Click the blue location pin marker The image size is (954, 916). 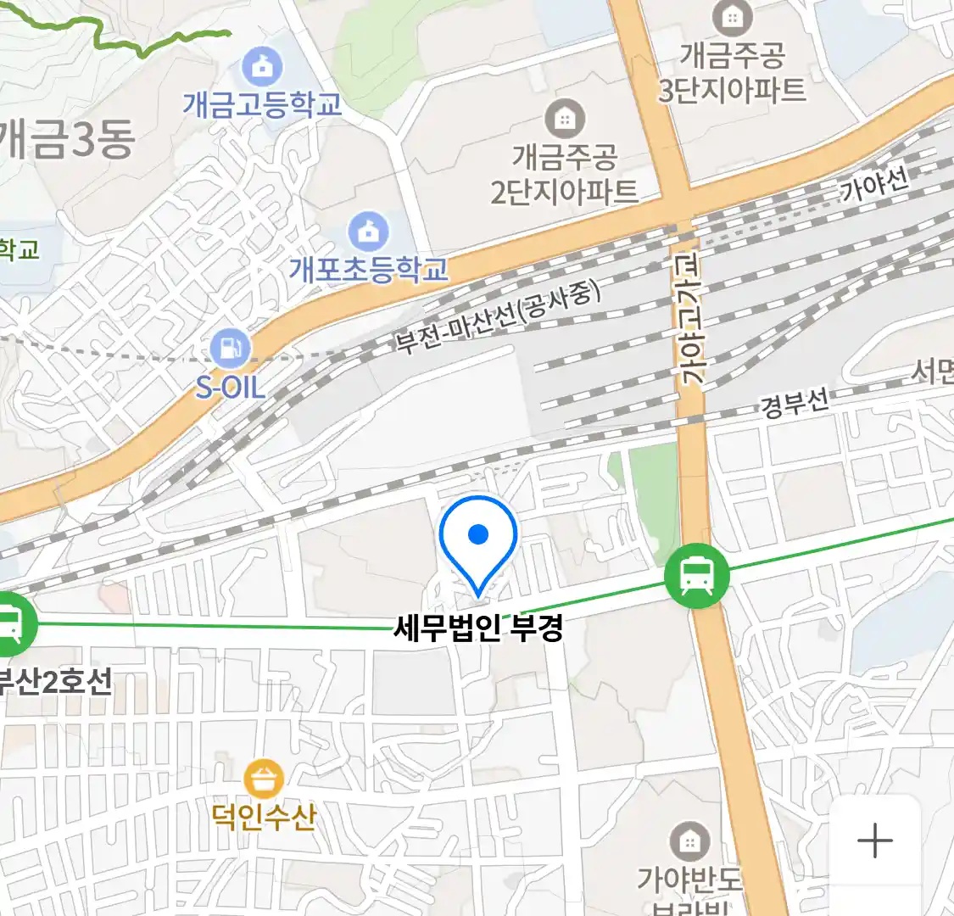click(x=478, y=539)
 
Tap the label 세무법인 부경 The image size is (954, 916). click(x=478, y=628)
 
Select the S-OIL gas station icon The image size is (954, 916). click(x=231, y=347)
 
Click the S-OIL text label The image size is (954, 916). click(x=231, y=388)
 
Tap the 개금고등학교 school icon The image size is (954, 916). click(x=263, y=66)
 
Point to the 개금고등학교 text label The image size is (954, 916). click(x=263, y=104)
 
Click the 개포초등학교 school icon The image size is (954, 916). click(x=368, y=231)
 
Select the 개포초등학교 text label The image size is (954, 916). click(x=368, y=269)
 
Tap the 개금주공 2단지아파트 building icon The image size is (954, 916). click(x=564, y=118)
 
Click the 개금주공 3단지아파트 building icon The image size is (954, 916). click(x=732, y=17)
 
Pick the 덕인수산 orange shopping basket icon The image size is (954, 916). click(x=264, y=777)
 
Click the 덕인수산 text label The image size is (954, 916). click(x=264, y=816)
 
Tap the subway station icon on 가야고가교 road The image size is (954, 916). click(x=696, y=576)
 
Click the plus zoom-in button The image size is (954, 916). click(x=875, y=841)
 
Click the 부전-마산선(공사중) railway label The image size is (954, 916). click(x=498, y=317)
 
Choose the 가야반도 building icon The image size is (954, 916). click(x=689, y=841)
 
